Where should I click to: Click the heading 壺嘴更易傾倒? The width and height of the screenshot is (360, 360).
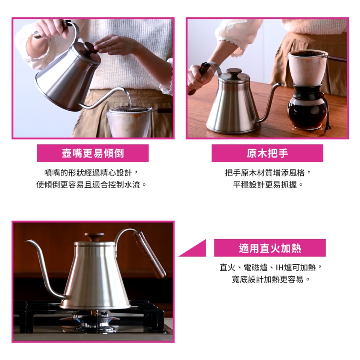click(93, 153)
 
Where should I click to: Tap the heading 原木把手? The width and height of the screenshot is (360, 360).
click(267, 153)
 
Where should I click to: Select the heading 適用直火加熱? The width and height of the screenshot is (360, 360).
click(270, 248)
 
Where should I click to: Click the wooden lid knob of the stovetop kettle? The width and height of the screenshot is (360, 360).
click(94, 237)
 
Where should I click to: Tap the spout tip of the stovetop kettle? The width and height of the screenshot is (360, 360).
click(25, 241)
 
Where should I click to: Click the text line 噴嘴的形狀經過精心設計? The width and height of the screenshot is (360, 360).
click(88, 172)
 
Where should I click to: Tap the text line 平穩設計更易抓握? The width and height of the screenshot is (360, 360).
click(265, 184)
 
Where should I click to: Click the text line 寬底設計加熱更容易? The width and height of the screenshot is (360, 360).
click(268, 279)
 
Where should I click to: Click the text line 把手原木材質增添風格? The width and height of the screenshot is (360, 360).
click(265, 172)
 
